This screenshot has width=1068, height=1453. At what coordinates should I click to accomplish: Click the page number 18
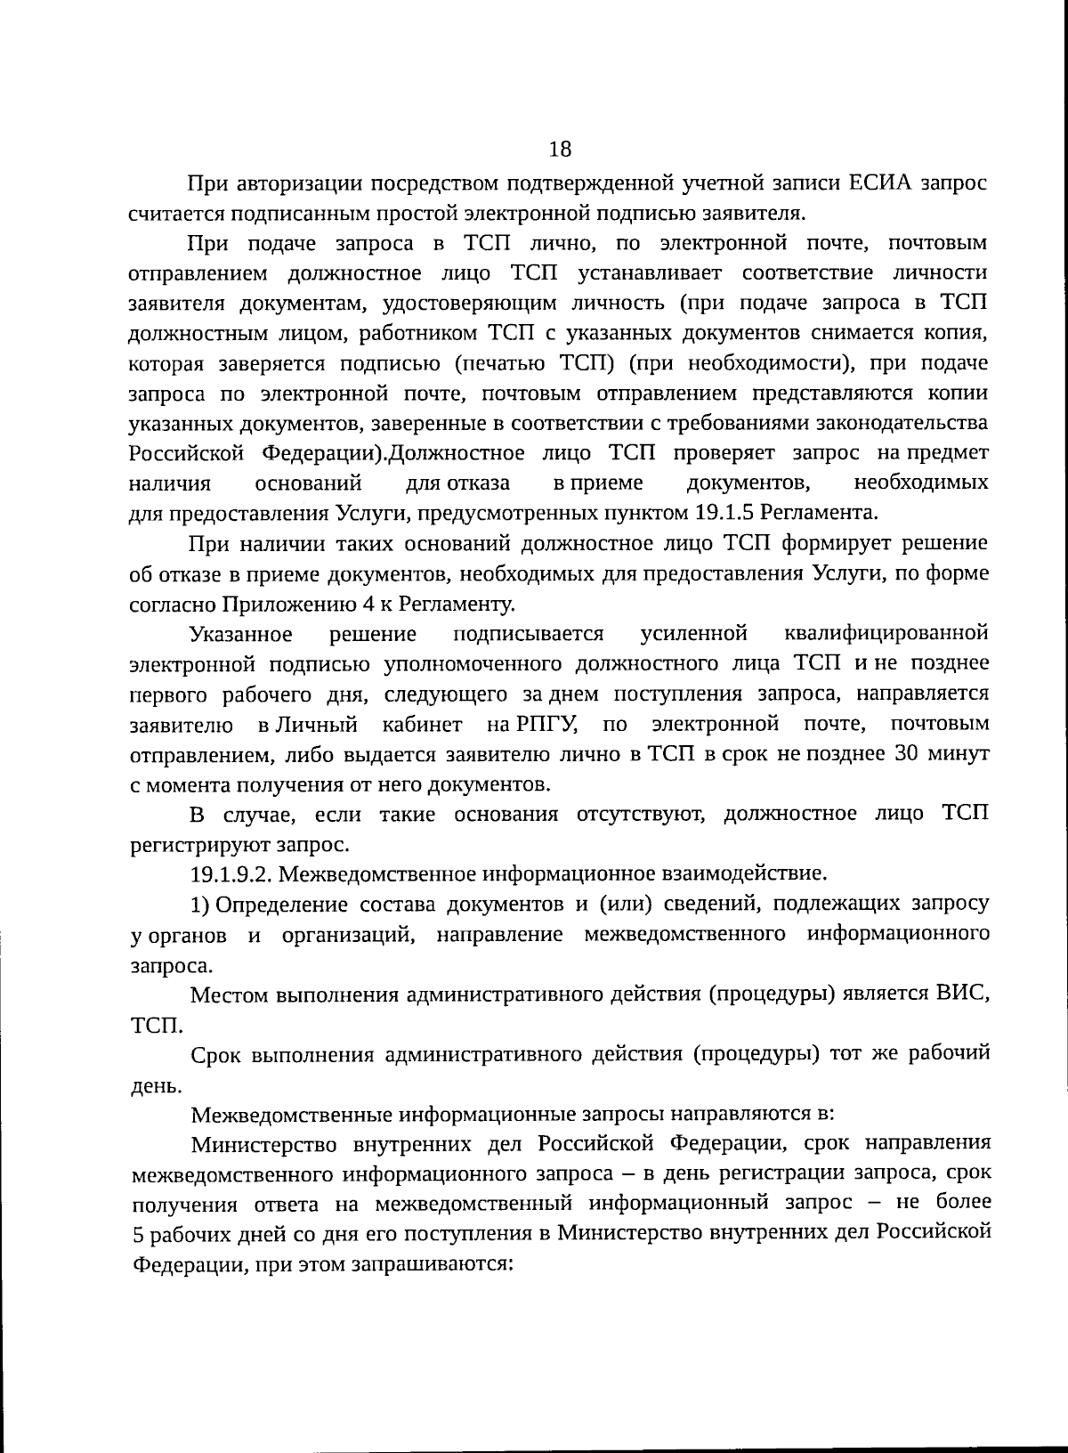[560, 148]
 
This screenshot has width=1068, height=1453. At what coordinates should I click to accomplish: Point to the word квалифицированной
[886, 634]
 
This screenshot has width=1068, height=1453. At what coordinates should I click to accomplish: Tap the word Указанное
[241, 634]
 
